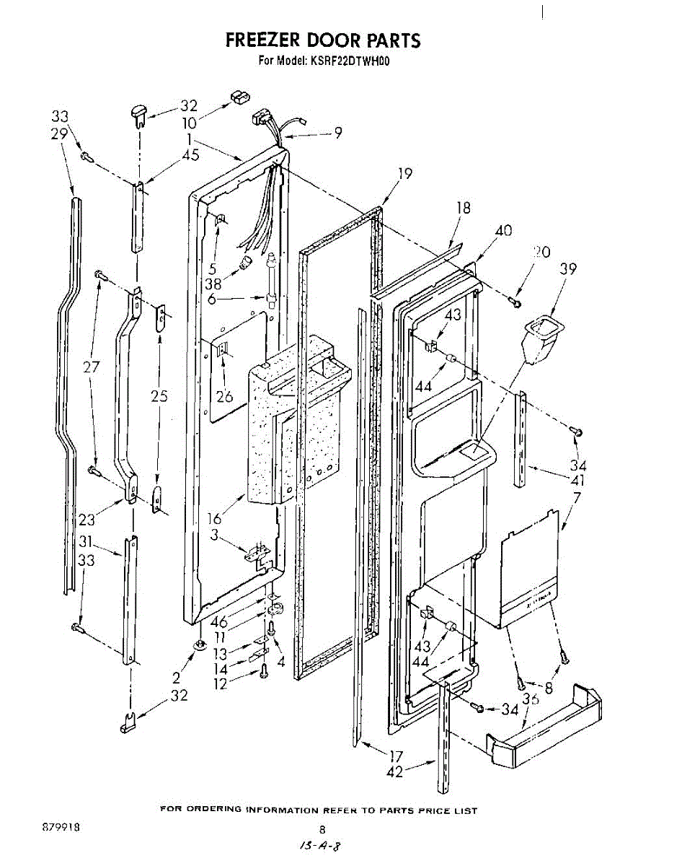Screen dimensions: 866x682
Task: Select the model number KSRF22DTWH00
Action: (x=349, y=61)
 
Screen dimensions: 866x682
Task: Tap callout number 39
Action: (x=569, y=269)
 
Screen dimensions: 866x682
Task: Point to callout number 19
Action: (x=405, y=173)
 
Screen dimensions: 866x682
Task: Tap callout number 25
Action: (x=159, y=395)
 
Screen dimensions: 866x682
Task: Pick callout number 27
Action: (x=92, y=367)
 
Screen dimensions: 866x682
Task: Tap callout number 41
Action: (x=577, y=480)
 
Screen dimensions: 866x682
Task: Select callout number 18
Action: (x=464, y=208)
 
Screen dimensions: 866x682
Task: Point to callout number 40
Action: (x=504, y=231)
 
